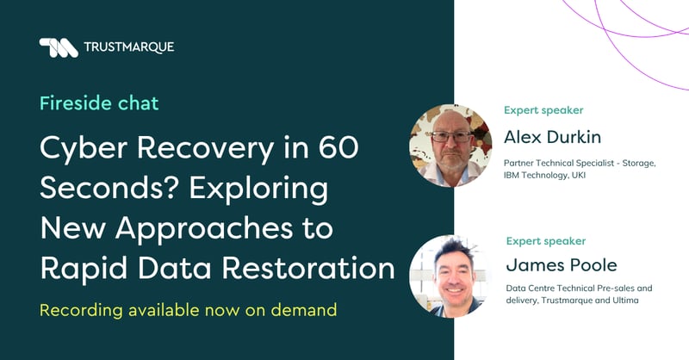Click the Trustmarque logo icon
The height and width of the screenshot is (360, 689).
(x=59, y=47)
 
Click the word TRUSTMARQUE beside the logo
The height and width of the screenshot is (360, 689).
(x=128, y=47)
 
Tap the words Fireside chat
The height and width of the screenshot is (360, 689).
(x=99, y=103)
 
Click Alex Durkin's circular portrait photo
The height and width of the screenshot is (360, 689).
(x=450, y=146)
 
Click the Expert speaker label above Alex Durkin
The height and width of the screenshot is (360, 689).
(x=543, y=110)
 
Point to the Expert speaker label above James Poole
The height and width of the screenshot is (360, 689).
(x=546, y=240)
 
